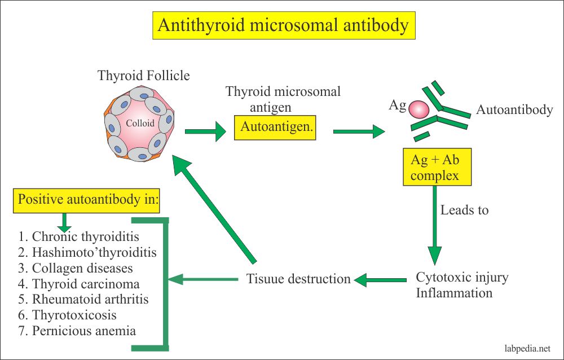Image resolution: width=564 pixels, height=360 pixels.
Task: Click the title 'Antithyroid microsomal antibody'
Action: click(x=284, y=26)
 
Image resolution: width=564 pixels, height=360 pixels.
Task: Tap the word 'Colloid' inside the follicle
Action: click(x=140, y=124)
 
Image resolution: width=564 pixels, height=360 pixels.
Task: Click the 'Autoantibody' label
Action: click(x=514, y=110)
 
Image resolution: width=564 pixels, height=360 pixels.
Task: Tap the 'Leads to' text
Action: click(x=465, y=210)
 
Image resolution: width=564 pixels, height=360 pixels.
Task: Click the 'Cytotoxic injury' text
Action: click(x=462, y=278)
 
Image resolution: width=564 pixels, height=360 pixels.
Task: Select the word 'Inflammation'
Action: click(x=454, y=293)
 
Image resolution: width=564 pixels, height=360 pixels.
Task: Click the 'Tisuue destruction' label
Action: click(x=298, y=278)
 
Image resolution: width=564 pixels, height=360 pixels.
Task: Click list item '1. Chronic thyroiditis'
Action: click(x=78, y=236)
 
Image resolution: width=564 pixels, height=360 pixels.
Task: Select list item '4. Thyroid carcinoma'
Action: click(x=79, y=284)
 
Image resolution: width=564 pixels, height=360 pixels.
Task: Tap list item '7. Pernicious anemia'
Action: click(x=77, y=331)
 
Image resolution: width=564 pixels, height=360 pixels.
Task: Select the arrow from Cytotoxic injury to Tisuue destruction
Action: click(x=381, y=279)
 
